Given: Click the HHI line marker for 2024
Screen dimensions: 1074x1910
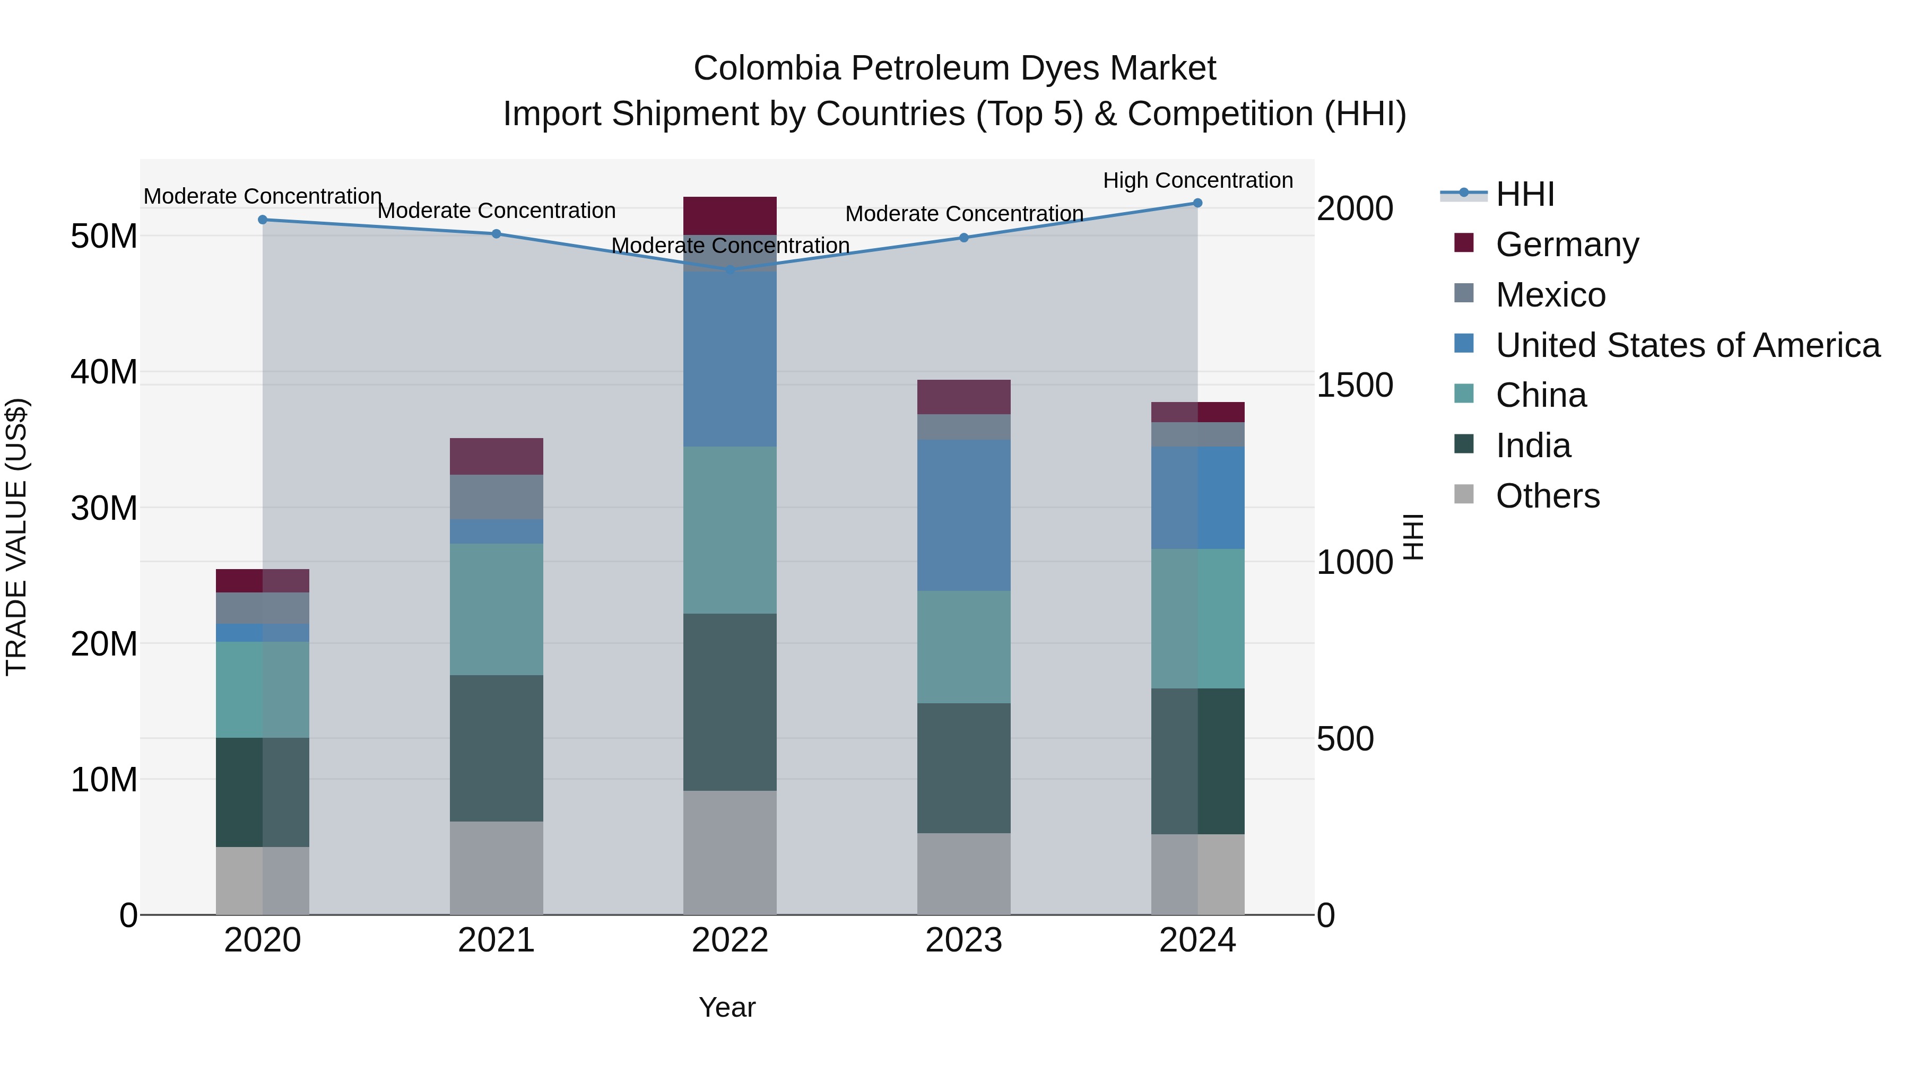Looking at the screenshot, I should pos(1197,203).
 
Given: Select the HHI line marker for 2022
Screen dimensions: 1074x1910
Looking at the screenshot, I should pos(730,270).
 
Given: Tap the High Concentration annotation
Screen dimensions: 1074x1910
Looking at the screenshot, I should pos(1197,181).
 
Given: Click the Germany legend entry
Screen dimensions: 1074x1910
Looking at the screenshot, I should pos(1566,245).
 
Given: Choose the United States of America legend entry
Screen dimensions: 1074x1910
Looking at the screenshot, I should pos(1687,345).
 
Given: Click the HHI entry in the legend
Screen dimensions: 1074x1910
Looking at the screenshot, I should pos(1524,194).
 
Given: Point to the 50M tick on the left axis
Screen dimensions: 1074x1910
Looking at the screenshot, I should pos(104,237).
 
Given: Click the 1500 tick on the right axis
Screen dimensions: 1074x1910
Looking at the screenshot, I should pos(1355,386).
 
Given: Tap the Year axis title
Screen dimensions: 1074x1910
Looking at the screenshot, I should pos(727,1007).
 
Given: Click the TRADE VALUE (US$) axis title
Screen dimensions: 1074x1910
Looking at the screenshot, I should pos(16,537).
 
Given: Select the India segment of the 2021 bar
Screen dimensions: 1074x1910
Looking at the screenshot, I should pos(496,748).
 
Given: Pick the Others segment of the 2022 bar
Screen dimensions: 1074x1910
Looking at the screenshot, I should pos(730,852).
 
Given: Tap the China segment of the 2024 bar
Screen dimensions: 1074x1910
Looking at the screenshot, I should pos(1197,618).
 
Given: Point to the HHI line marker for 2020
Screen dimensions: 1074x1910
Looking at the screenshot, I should pos(263,220).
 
